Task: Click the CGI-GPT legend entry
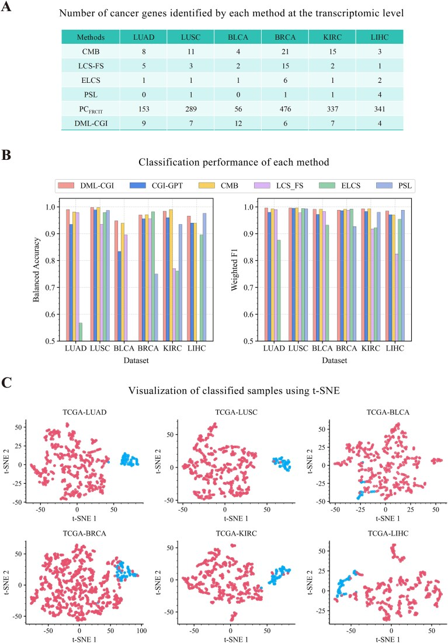[x=141, y=186]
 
